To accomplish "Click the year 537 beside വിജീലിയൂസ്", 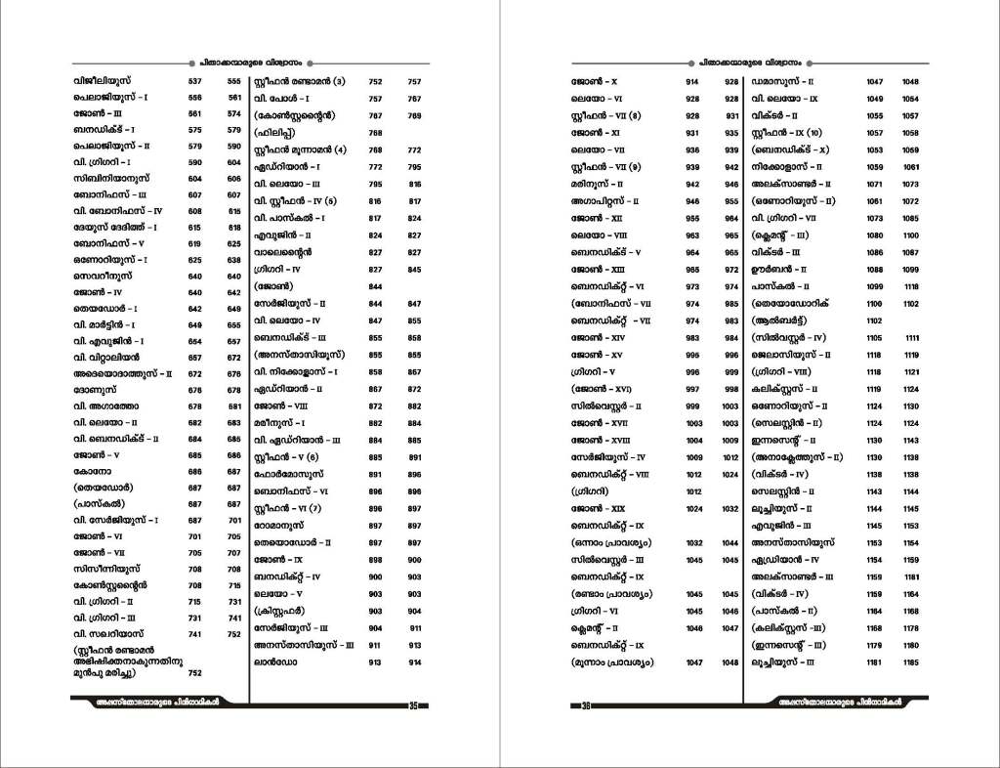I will click(x=194, y=81).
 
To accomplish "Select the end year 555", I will click(x=234, y=81).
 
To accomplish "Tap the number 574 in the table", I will click(x=234, y=113).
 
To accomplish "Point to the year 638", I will click(x=234, y=260).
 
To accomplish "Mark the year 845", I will click(x=414, y=269).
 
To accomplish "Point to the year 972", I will click(x=731, y=269).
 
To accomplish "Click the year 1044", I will click(x=731, y=542).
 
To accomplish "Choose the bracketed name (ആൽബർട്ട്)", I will click(x=783, y=320).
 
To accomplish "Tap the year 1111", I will click(x=911, y=337).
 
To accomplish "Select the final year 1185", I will click(x=911, y=662).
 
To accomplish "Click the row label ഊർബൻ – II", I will click(x=778, y=269).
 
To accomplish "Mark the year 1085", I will click(x=874, y=218).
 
